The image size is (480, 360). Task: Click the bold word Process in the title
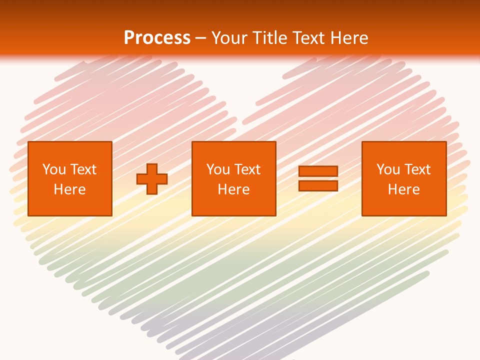pyautogui.click(x=157, y=38)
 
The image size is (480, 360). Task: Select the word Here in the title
pyautogui.click(x=348, y=38)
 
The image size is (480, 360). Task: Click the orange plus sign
pyautogui.click(x=152, y=178)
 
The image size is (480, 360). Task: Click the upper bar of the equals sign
pyautogui.click(x=318, y=171)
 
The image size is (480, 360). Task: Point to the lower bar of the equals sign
pyautogui.click(x=318, y=185)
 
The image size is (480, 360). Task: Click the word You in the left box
pyautogui.click(x=54, y=169)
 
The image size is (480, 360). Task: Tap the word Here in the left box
pyautogui.click(x=70, y=189)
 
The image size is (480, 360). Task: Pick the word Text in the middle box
pyautogui.click(x=247, y=169)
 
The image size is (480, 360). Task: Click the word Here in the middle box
pyautogui.click(x=233, y=189)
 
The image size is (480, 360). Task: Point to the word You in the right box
pyautogui.click(x=388, y=169)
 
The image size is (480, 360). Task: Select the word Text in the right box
pyautogui.click(x=417, y=169)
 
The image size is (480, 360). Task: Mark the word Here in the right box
pyautogui.click(x=403, y=189)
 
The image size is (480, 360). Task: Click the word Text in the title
pyautogui.click(x=308, y=38)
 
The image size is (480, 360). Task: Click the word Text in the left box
pyautogui.click(x=83, y=169)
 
